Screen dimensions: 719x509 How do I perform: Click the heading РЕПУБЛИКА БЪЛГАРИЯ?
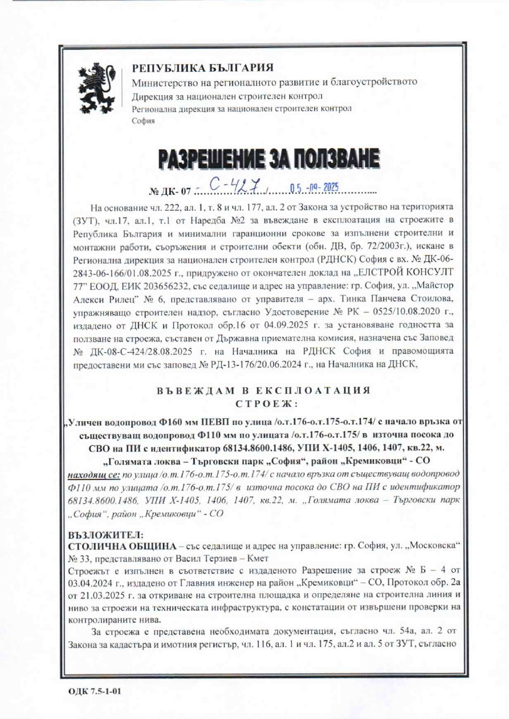pos(203,67)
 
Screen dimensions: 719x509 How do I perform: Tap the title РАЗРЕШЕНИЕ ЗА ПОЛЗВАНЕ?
pos(269,158)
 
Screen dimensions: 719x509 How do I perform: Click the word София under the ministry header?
pos(143,120)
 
